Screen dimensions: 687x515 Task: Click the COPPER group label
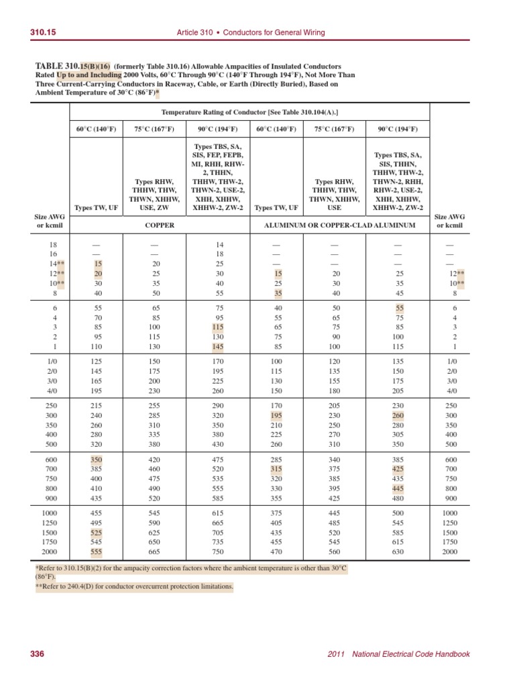pyautogui.click(x=160, y=225)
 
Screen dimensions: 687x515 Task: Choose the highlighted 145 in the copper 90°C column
pyautogui.click(x=217, y=347)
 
